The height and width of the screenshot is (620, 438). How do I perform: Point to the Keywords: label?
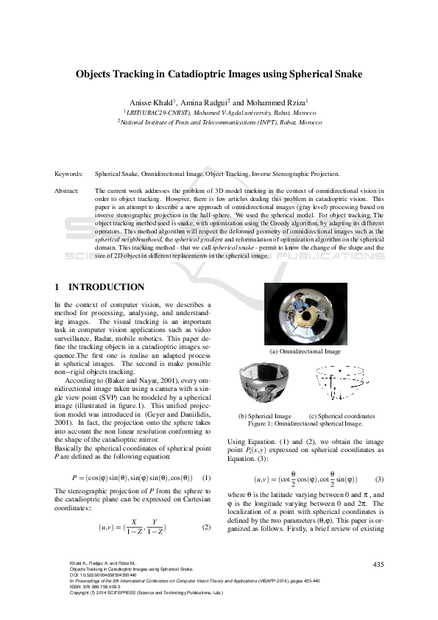pyautogui.click(x=68, y=174)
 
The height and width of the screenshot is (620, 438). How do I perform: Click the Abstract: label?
pyautogui.click(x=68, y=190)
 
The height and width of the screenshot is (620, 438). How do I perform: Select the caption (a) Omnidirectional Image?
pyautogui.click(x=305, y=352)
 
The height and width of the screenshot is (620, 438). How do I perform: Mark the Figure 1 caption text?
pyautogui.click(x=305, y=424)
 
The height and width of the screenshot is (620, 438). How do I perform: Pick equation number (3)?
pyautogui.click(x=379, y=479)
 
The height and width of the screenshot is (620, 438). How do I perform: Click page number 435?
pyautogui.click(x=379, y=564)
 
